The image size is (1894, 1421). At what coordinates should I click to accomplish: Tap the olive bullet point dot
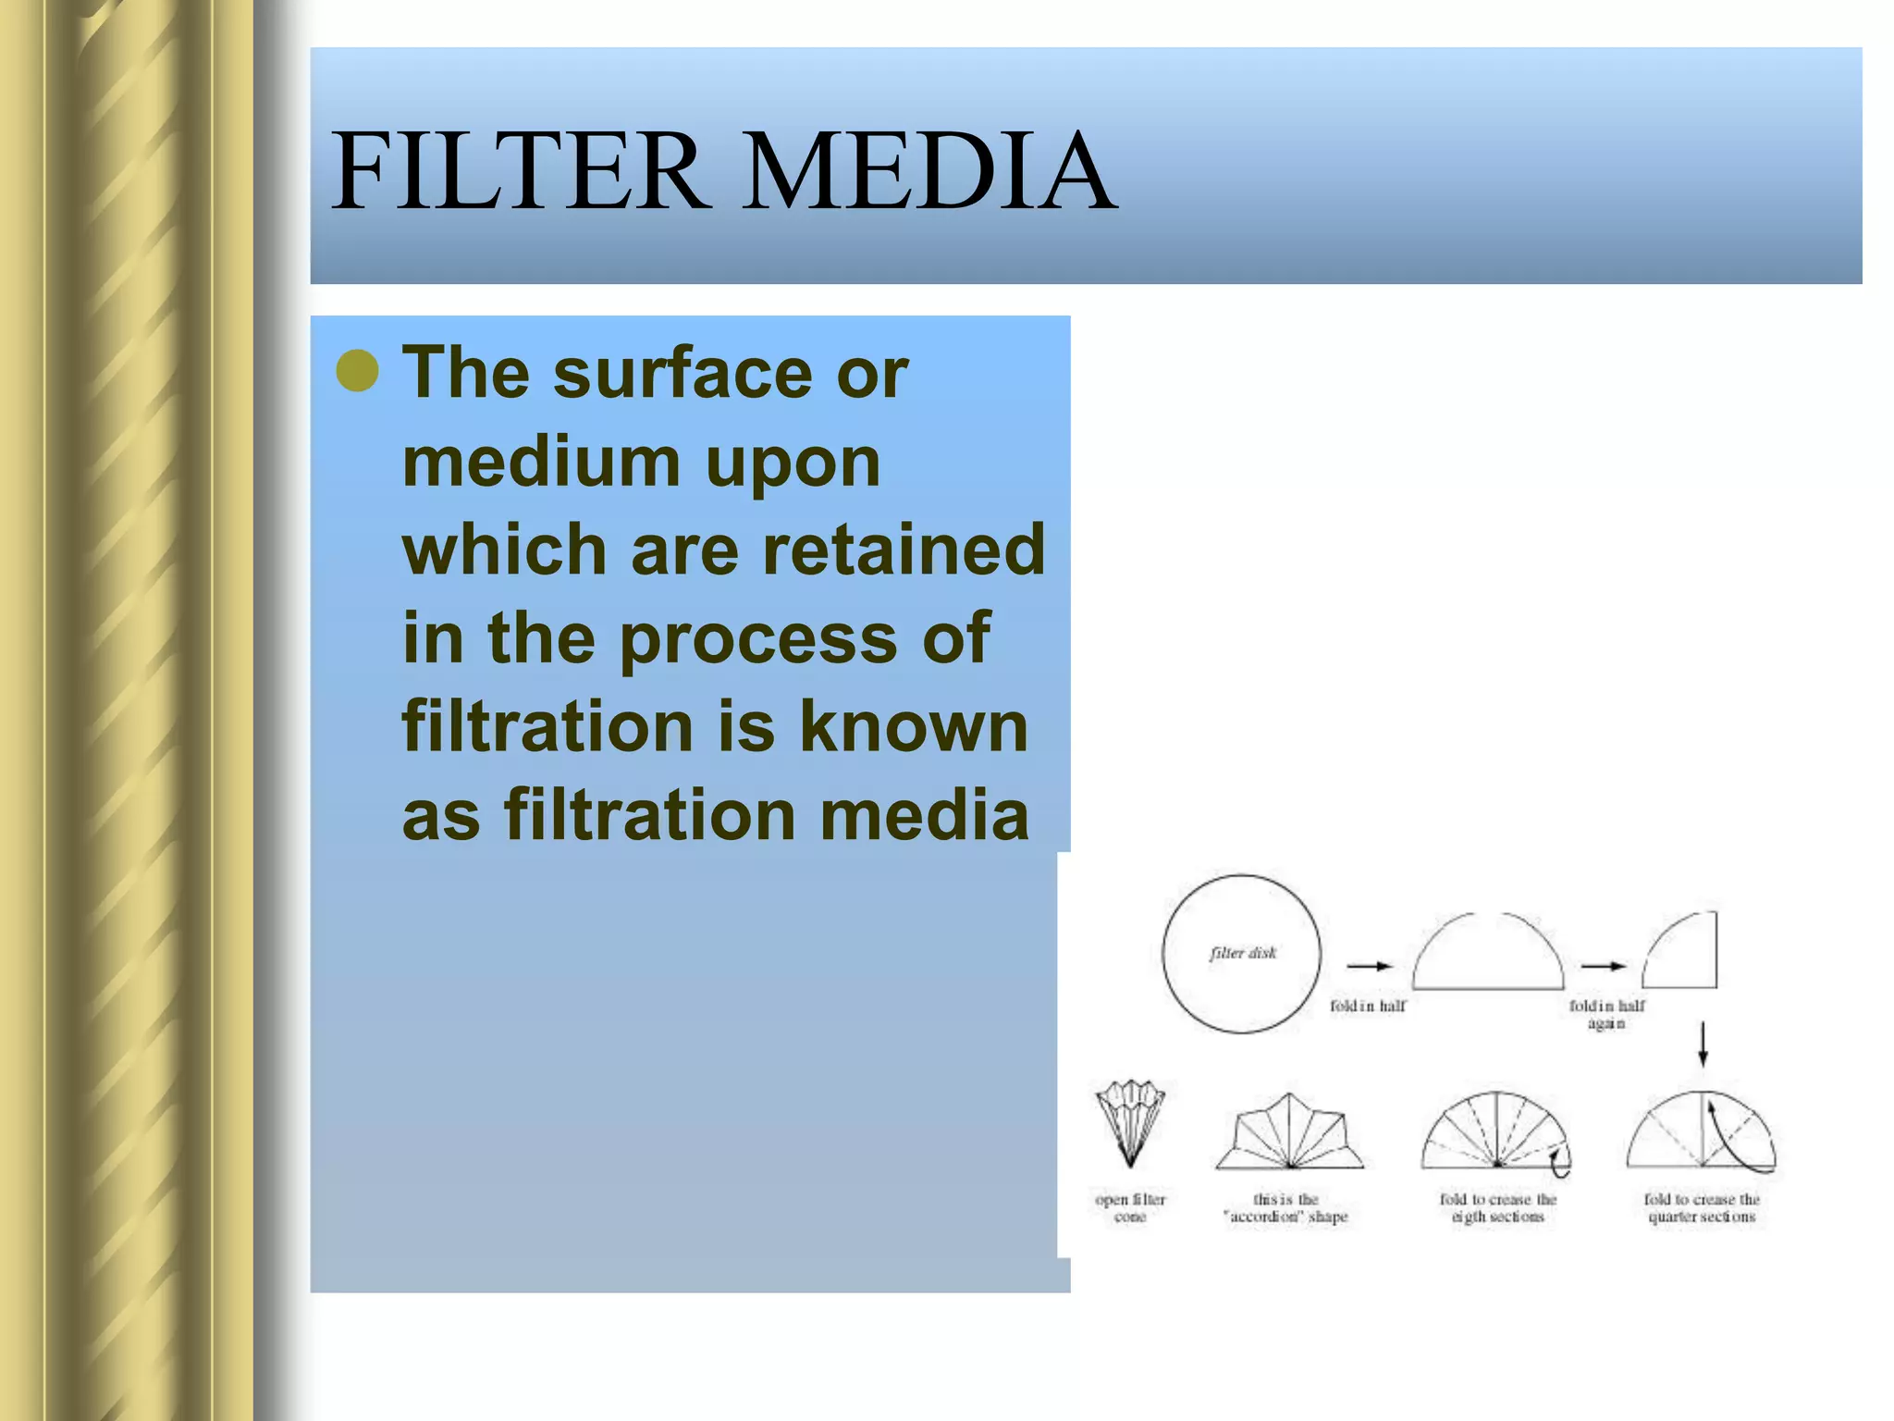(x=358, y=372)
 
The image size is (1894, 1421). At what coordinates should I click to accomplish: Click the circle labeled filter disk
(x=1241, y=954)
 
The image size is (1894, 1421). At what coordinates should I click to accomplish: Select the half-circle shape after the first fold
(x=1488, y=953)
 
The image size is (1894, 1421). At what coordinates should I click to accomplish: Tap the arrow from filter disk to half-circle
(x=1370, y=966)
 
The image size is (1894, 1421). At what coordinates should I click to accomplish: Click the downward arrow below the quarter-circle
(x=1703, y=1044)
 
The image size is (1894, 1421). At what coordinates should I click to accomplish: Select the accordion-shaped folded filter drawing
(x=1288, y=1132)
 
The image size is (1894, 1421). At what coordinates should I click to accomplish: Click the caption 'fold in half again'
(x=1606, y=1014)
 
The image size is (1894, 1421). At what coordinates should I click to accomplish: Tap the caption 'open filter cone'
(x=1130, y=1207)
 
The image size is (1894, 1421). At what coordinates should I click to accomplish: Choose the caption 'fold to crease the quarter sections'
(x=1702, y=1207)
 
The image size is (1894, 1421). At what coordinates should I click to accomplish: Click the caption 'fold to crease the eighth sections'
(x=1498, y=1207)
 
